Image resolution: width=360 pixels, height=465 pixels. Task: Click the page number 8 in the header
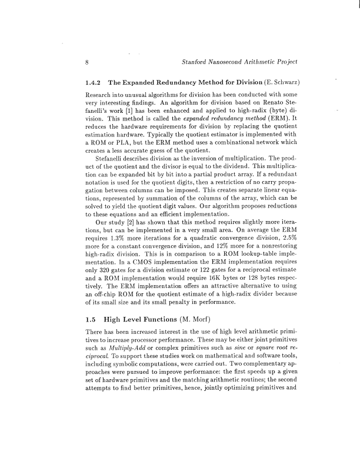point(87,62)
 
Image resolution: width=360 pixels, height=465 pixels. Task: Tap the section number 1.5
point(92,320)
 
